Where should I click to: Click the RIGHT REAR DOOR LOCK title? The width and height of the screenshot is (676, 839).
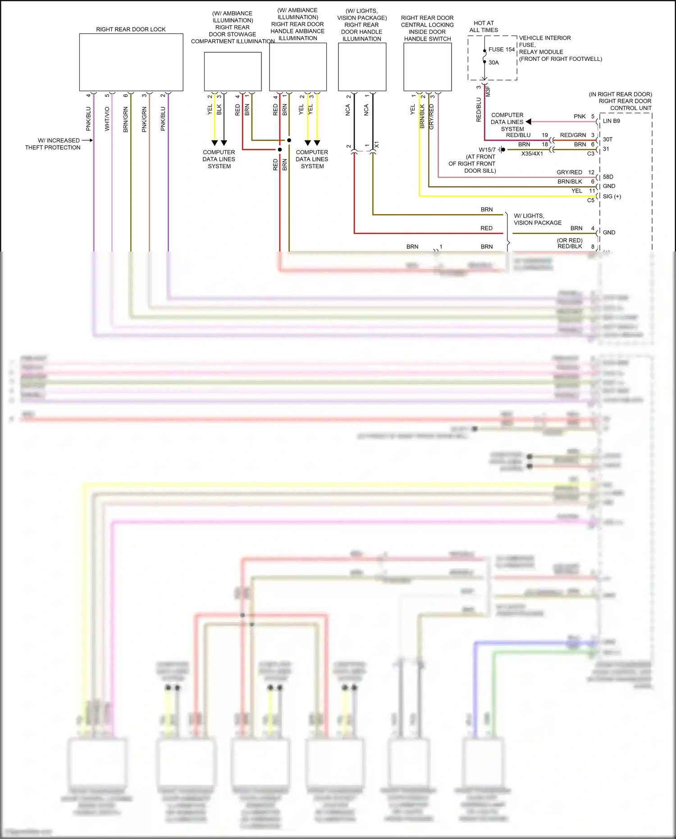[x=131, y=29]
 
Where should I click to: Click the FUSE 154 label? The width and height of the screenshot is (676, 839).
[x=501, y=50]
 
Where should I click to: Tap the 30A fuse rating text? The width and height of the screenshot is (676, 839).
[x=493, y=63]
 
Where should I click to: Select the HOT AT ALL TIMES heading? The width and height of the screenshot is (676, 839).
[x=484, y=27]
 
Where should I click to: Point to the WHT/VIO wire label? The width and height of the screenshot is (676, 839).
[x=107, y=119]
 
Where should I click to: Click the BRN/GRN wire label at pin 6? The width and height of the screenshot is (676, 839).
[x=126, y=119]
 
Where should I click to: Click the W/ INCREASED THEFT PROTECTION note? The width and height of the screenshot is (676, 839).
[x=53, y=144]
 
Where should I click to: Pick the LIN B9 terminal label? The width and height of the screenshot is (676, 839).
[x=611, y=121]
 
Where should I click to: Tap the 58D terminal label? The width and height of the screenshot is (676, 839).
[x=608, y=177]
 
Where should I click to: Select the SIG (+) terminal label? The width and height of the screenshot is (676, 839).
[x=612, y=196]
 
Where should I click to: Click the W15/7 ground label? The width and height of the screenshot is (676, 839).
[x=487, y=150]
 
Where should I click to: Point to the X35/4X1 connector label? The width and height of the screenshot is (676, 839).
[x=532, y=154]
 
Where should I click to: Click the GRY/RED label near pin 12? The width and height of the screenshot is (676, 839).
[x=569, y=172]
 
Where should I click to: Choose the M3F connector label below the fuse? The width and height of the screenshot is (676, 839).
[x=488, y=91]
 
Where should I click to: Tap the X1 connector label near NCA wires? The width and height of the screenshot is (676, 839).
[x=377, y=145]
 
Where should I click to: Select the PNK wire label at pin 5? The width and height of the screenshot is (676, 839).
[x=580, y=116]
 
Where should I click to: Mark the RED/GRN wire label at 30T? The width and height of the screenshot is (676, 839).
[x=573, y=135]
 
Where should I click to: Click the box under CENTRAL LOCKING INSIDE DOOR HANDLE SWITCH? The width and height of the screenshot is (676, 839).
[x=427, y=67]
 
